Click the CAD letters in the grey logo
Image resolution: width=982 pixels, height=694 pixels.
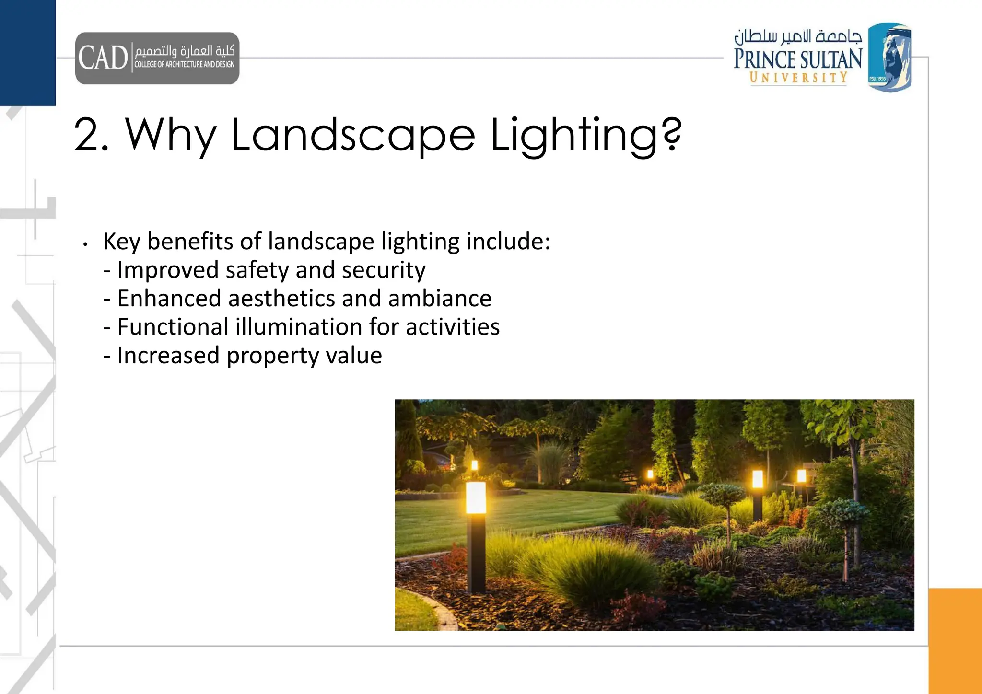click(103, 58)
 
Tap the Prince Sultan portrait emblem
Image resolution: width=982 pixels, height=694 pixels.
click(889, 57)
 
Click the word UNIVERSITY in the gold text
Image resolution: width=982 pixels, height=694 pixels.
click(798, 78)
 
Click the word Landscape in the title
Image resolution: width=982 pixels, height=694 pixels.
click(353, 136)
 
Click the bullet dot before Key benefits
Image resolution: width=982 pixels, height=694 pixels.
click(85, 244)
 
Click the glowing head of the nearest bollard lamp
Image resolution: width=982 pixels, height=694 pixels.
click(476, 497)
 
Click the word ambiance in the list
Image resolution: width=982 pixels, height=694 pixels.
click(440, 299)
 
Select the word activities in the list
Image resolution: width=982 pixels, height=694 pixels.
click(452, 327)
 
